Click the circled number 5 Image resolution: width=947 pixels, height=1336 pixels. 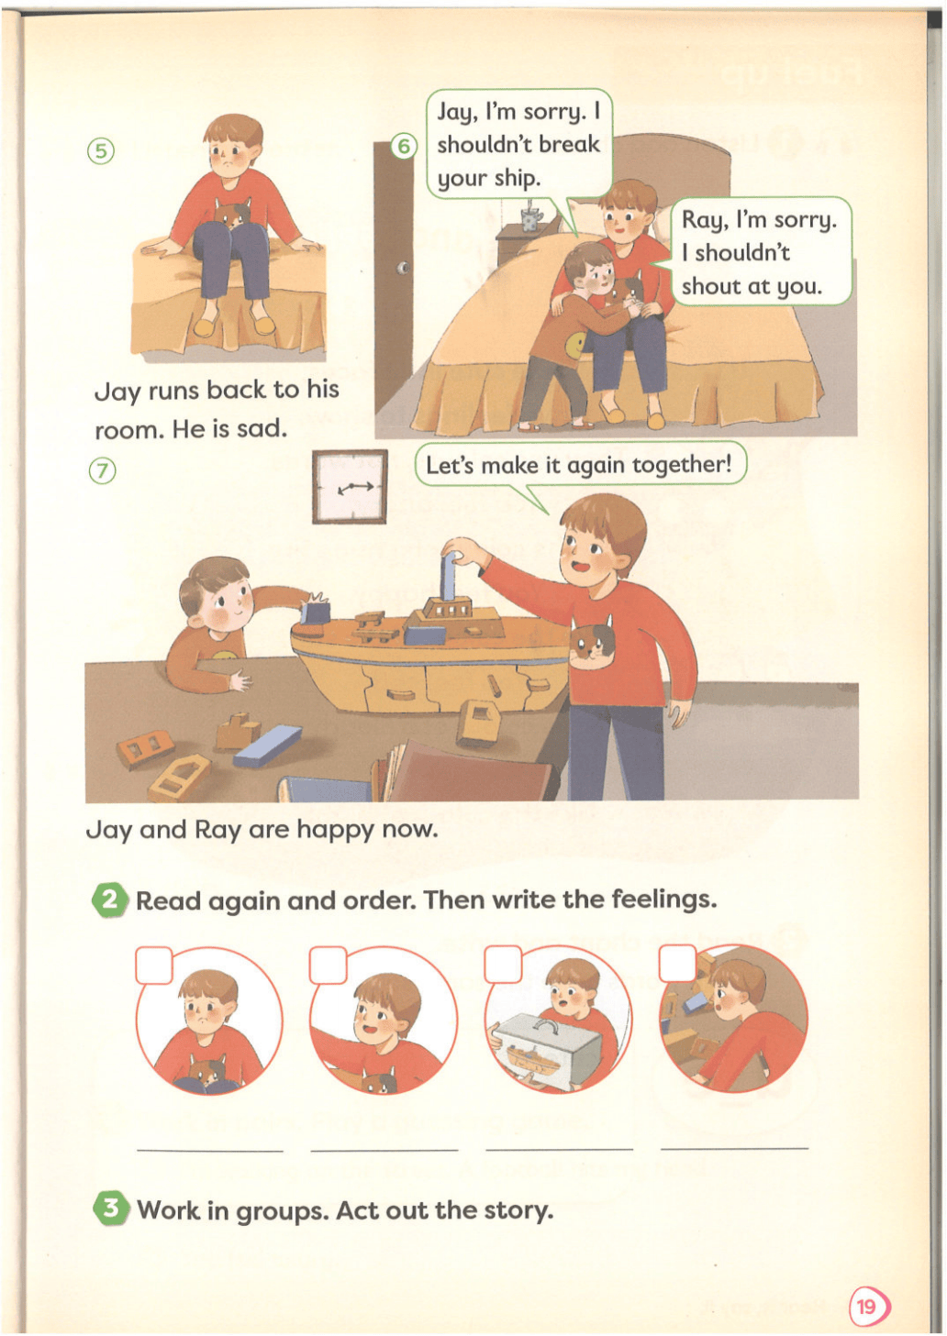(x=102, y=151)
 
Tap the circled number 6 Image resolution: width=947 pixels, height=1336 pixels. (x=404, y=146)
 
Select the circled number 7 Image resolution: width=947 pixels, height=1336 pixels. (x=102, y=471)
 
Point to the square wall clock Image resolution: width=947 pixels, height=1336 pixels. (x=350, y=487)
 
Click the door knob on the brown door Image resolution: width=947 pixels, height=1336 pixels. (x=404, y=267)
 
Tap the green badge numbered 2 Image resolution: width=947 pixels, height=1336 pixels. (x=110, y=1079)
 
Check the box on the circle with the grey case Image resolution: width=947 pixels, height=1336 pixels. (x=503, y=963)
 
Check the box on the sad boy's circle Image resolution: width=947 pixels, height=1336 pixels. (x=154, y=965)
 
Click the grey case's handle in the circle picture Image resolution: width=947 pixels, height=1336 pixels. (x=547, y=1024)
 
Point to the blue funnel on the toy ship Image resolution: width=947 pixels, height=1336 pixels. (x=447, y=575)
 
